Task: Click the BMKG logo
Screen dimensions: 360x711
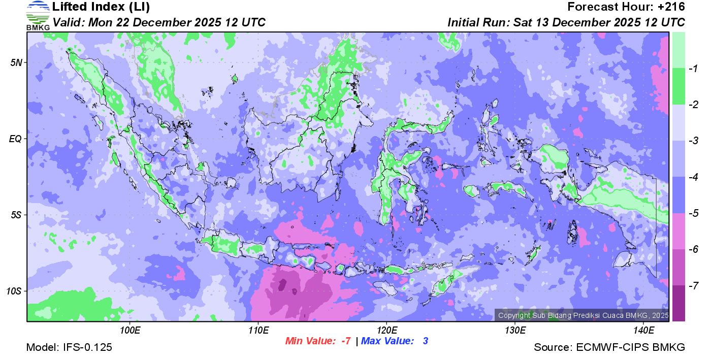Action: pos(38,15)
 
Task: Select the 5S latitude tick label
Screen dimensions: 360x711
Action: pos(15,215)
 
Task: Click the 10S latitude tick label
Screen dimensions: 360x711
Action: pos(13,291)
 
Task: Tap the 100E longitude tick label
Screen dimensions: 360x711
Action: pos(130,331)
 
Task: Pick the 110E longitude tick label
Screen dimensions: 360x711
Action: pos(258,331)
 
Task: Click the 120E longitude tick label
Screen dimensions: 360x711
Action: pos(386,331)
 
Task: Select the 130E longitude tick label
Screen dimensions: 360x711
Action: pos(515,331)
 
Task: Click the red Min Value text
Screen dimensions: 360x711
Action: pos(318,341)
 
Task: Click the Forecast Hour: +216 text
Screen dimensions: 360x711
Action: pos(626,7)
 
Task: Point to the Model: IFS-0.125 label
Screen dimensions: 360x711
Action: pos(69,347)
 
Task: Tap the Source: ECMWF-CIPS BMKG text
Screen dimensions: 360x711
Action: pos(609,347)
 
